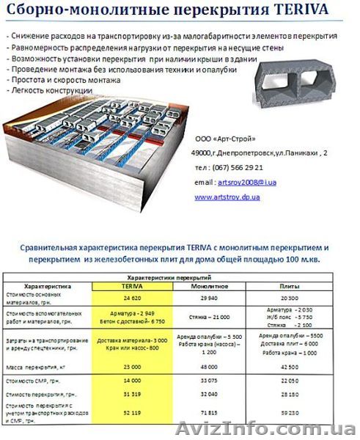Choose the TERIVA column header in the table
click(132, 287)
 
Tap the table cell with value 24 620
click(132, 299)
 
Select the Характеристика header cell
click(47, 287)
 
